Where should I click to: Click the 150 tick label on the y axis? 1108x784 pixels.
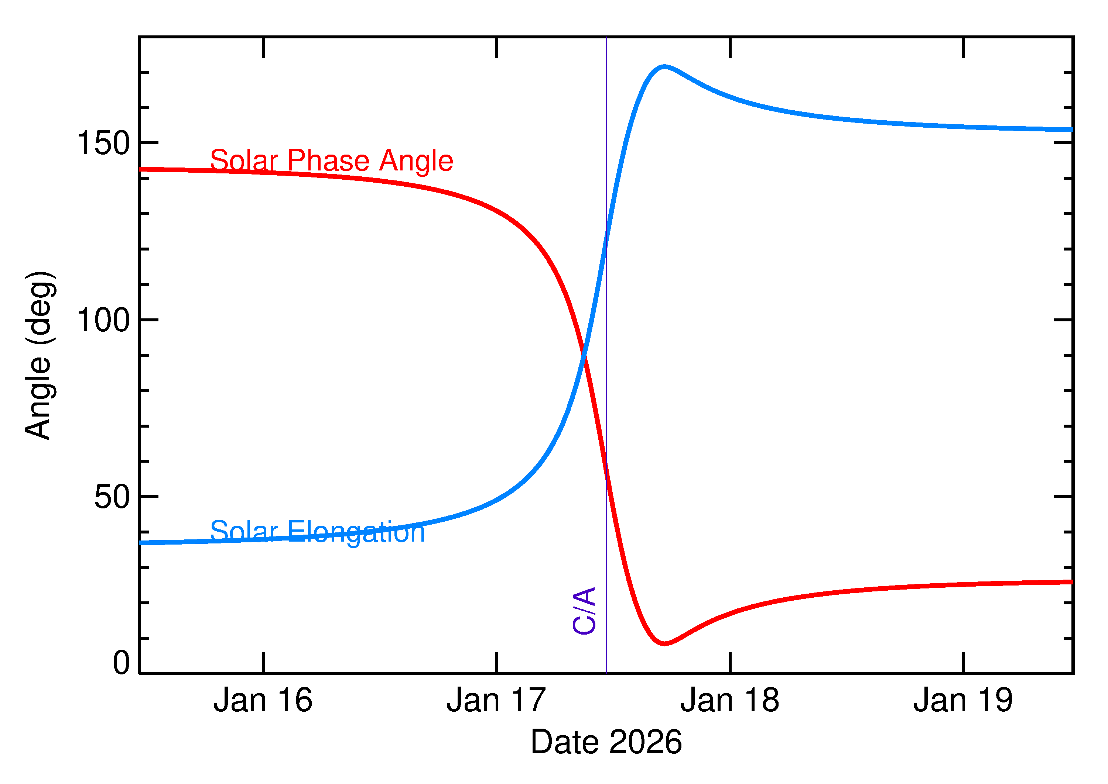[x=103, y=144]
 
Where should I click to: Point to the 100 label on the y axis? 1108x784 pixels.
[x=103, y=320]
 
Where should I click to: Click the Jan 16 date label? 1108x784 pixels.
[x=263, y=701]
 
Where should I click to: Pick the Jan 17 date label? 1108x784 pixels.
[x=496, y=701]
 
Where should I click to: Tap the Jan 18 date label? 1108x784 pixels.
[x=730, y=701]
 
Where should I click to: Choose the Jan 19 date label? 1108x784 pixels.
[x=963, y=701]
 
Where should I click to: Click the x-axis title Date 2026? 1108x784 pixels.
[x=606, y=742]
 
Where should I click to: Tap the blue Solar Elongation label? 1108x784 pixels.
[x=318, y=532]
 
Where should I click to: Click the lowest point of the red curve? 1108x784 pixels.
[x=664, y=643]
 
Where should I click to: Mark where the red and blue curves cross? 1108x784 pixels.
[x=584, y=356]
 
